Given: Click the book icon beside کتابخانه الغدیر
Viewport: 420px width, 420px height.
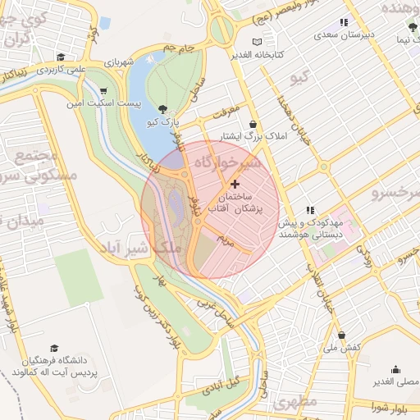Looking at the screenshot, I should [258, 41].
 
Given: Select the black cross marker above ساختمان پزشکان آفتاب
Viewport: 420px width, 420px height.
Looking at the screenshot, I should [236, 184].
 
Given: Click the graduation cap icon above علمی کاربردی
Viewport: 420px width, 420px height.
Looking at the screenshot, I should [61, 57].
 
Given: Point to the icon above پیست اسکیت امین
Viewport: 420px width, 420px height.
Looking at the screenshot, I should [103, 91].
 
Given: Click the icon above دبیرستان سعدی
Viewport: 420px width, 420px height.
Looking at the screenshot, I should [345, 23].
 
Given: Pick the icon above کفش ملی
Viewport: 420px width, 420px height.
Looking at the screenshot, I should [341, 335].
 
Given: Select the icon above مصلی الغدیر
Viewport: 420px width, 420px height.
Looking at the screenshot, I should [396, 369].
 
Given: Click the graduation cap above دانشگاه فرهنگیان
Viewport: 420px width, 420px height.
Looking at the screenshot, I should [54, 349].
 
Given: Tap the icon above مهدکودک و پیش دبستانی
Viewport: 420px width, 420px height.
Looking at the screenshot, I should [309, 210].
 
